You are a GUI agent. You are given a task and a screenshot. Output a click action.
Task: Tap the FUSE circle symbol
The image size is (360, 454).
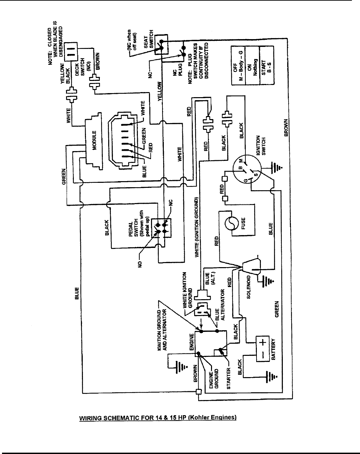231,224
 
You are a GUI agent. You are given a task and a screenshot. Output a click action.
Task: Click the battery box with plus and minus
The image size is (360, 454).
263,349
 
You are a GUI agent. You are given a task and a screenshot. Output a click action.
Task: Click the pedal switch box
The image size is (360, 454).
161,228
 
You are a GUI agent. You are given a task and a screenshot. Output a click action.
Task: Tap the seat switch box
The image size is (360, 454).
161,44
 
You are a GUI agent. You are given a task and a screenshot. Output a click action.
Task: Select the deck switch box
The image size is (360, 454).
70,52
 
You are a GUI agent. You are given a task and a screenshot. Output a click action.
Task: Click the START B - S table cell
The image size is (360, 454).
267,66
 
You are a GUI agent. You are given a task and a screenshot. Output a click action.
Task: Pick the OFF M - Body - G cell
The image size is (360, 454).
239,66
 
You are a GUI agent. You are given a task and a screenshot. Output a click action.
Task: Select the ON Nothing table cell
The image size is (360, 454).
253,66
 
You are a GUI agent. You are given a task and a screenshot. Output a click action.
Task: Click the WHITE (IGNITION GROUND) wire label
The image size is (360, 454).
197,227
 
